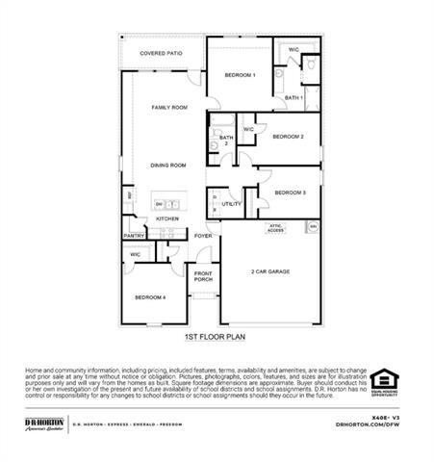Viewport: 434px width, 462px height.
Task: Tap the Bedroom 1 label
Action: (x=240, y=75)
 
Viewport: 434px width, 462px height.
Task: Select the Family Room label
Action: (x=169, y=108)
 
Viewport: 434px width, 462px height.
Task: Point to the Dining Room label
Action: (x=167, y=165)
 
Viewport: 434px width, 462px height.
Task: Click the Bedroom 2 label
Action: (x=288, y=137)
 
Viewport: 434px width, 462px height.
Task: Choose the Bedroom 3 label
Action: (x=290, y=192)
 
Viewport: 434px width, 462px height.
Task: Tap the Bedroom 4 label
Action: (x=150, y=297)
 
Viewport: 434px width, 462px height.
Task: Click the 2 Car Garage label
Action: (x=270, y=271)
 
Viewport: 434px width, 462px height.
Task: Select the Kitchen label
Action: (x=167, y=218)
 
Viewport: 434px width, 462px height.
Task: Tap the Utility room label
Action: (x=232, y=204)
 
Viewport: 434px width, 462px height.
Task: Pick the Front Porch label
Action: (x=203, y=276)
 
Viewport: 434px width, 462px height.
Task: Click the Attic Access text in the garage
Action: (x=275, y=228)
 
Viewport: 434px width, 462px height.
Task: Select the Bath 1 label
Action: (x=294, y=98)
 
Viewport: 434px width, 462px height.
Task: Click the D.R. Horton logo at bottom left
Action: (x=44, y=423)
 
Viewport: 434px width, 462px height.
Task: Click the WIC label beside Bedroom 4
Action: (x=135, y=254)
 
